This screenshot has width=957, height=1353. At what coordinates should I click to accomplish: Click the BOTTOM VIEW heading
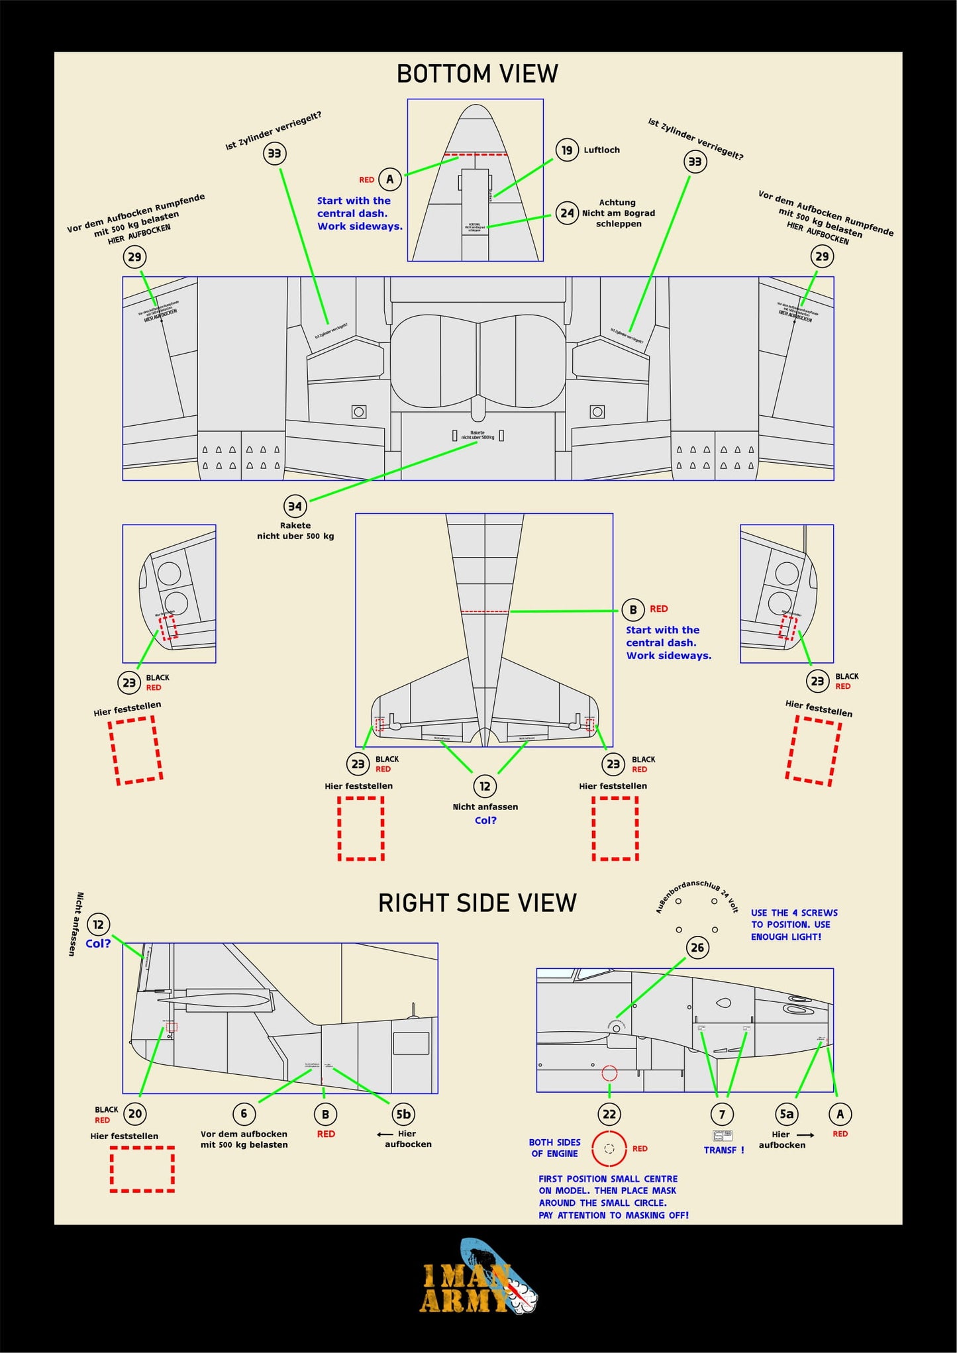coord(477,74)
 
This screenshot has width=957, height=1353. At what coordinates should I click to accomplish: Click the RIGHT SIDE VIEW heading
coord(477,903)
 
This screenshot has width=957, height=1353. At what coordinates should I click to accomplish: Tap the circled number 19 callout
coord(567,150)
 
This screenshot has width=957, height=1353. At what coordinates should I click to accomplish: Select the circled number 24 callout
coord(567,213)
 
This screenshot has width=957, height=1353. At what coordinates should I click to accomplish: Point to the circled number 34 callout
coord(295,507)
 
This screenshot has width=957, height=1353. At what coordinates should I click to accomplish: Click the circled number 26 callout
coord(697,948)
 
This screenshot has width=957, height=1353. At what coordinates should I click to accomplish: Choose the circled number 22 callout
coord(609,1114)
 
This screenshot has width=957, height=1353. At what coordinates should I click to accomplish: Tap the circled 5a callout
coord(786,1114)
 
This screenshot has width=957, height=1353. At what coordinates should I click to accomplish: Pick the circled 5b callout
coord(403,1114)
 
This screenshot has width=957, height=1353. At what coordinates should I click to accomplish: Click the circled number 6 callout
coord(244,1114)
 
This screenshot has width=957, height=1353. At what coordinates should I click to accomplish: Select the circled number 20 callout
coord(135,1114)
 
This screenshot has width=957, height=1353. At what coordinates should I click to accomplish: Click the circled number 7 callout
coord(722,1114)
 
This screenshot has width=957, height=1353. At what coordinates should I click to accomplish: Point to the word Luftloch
coord(601,150)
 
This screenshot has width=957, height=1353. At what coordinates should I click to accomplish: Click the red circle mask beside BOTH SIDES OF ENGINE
coord(609,1149)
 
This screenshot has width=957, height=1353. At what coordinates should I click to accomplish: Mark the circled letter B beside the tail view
coord(633,609)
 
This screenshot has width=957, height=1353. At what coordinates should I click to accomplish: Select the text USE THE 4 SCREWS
coord(793,913)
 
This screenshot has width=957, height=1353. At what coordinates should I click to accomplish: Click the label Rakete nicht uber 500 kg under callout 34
coord(295,531)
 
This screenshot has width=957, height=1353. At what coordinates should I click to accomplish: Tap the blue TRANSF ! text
coord(724,1150)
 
